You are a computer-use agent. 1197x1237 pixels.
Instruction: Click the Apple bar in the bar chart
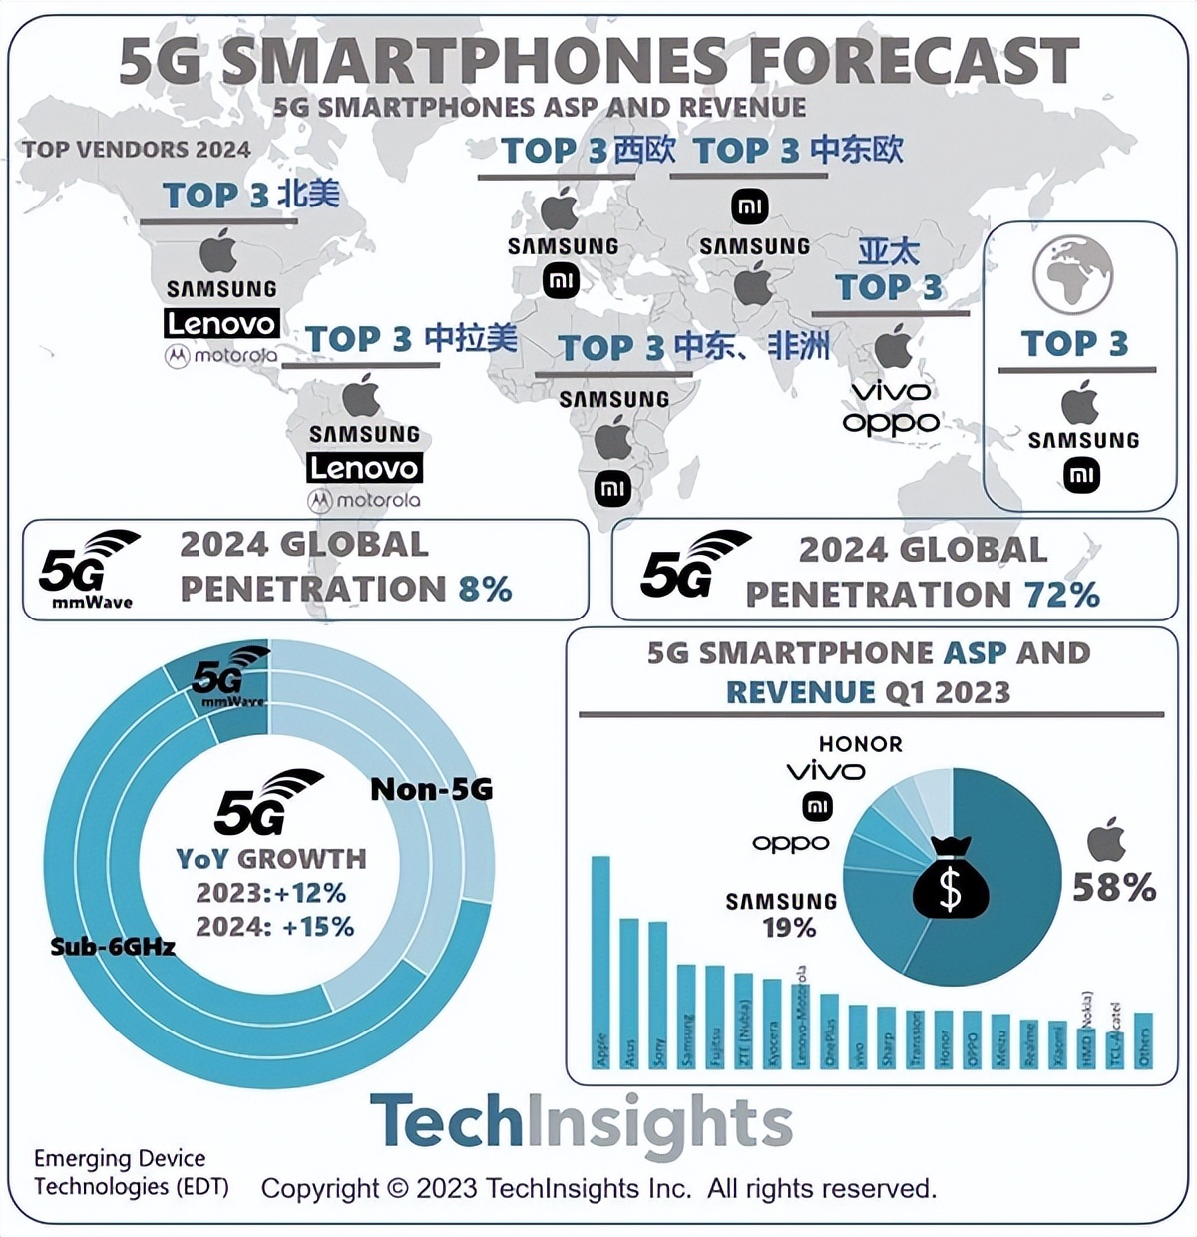[x=600, y=963]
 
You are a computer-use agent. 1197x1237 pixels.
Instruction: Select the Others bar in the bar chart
[x=1143, y=1041]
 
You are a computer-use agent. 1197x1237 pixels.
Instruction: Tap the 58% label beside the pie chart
[x=1114, y=887]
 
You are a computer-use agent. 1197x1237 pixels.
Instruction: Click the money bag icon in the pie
[x=951, y=877]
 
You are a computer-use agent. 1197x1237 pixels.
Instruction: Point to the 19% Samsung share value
[x=789, y=928]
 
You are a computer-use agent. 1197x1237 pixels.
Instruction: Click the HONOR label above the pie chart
[x=860, y=744]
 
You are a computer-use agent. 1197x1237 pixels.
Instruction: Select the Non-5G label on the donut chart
[x=431, y=789]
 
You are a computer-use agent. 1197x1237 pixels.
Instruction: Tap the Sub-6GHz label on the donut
[x=113, y=946]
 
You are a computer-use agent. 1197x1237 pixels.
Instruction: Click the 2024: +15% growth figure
[x=275, y=927]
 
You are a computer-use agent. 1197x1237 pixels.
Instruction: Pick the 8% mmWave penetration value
[x=485, y=589]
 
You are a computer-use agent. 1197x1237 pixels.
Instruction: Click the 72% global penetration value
[x=1061, y=595]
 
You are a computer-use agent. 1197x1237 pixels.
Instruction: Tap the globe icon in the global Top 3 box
[x=1073, y=274]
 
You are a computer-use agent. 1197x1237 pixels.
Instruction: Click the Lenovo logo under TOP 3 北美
[x=221, y=323]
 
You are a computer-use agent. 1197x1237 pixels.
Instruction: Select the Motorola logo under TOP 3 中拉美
[x=364, y=500]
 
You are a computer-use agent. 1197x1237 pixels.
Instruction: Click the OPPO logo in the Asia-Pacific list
[x=891, y=423]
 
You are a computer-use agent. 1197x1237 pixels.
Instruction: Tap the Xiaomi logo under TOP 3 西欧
[x=561, y=280]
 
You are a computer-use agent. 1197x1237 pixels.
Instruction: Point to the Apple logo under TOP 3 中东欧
[x=754, y=286]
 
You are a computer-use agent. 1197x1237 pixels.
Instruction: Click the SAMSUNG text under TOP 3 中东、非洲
[x=613, y=399]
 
